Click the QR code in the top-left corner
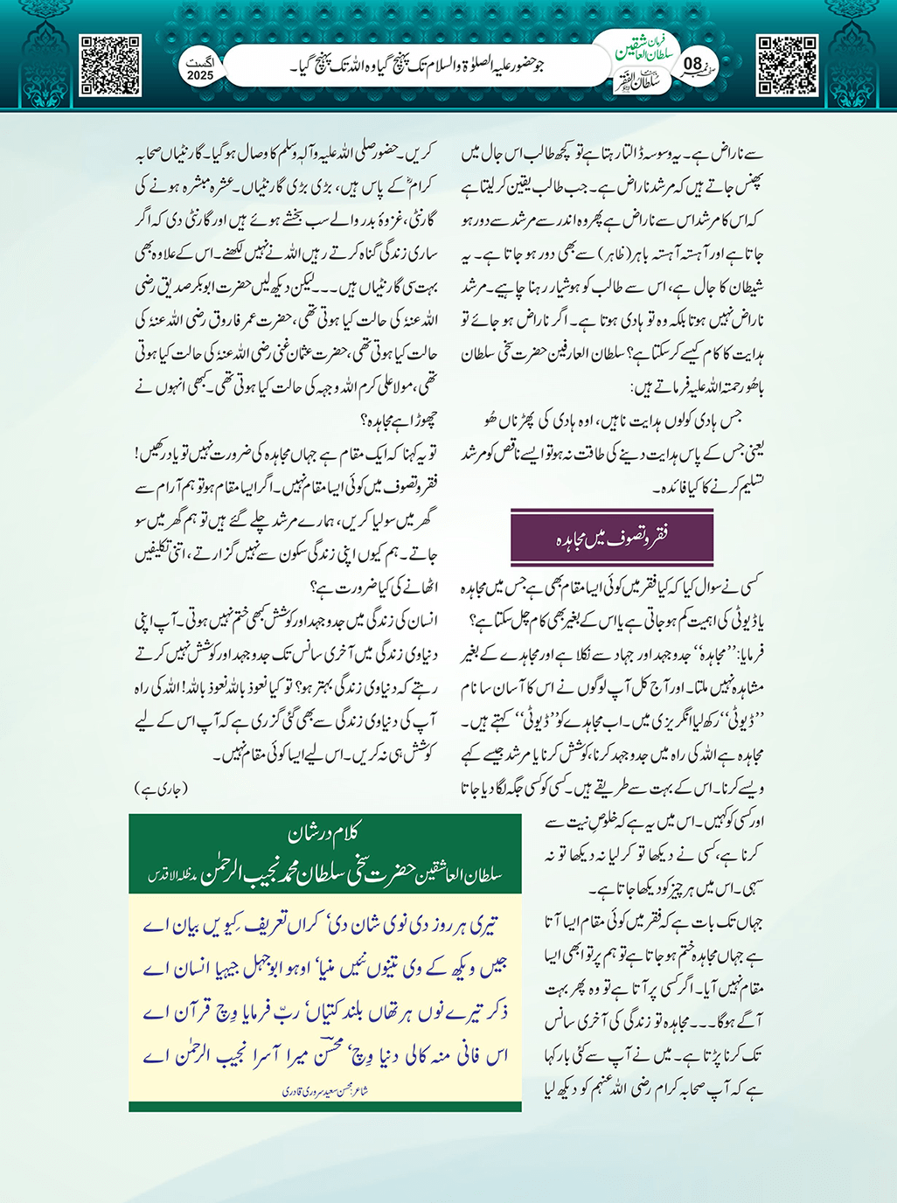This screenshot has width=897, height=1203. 110,66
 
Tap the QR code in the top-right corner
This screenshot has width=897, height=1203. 787,66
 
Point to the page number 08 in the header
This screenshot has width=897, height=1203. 692,64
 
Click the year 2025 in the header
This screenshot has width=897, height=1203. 200,76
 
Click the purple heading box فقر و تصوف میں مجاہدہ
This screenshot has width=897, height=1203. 612,538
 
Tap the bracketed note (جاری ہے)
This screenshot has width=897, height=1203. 161,789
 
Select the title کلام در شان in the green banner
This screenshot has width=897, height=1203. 324,834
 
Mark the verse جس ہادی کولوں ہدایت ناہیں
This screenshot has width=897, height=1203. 612,421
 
